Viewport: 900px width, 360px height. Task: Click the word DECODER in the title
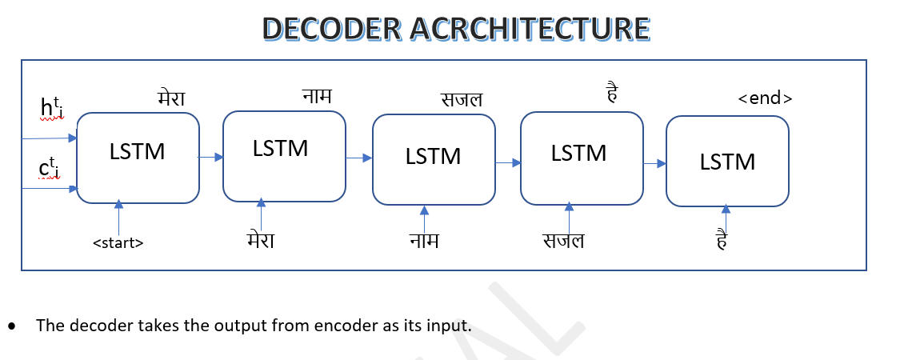[x=332, y=29]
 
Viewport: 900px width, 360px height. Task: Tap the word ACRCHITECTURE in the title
[x=530, y=29]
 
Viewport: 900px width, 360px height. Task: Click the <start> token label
[x=118, y=243]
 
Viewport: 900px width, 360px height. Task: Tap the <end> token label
[x=765, y=98]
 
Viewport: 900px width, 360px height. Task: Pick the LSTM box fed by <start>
[x=138, y=158]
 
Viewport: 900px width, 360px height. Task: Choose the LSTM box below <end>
[x=727, y=162]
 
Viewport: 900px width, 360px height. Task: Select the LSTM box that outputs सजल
[x=434, y=160]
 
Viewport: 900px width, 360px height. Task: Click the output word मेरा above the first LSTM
[x=171, y=98]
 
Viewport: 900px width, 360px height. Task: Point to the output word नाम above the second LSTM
[x=317, y=95]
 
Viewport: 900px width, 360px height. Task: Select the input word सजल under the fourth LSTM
[x=563, y=240]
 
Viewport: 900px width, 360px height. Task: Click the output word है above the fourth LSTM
[x=612, y=94]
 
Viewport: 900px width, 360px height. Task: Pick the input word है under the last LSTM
[x=722, y=240]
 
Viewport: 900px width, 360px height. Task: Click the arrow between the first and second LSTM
[x=211, y=157]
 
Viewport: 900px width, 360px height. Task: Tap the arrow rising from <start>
[x=119, y=218]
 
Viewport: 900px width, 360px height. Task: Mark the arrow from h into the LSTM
[x=49, y=138]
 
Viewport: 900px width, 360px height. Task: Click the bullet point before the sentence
[x=12, y=326]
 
